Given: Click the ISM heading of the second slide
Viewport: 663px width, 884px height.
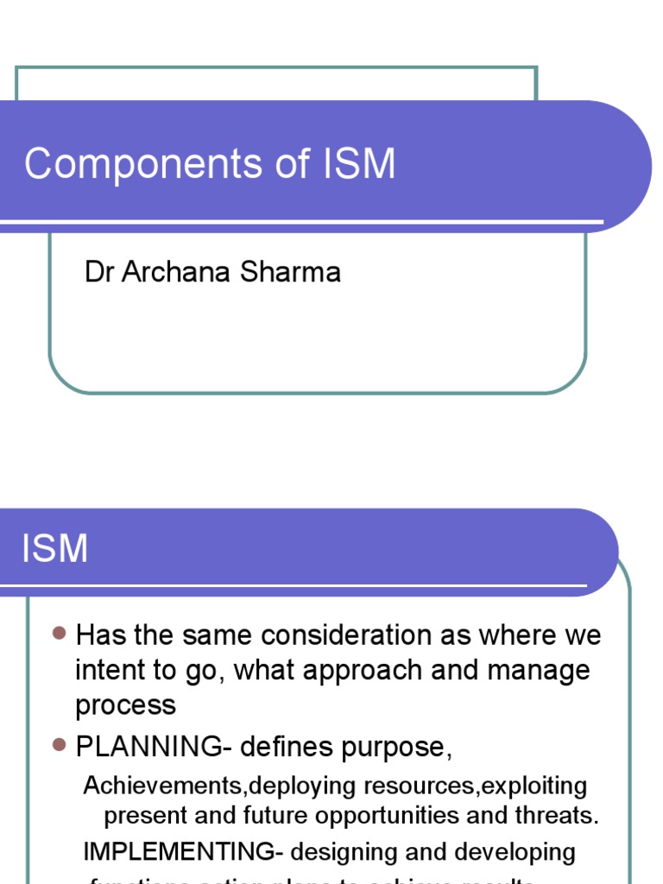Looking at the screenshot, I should (55, 548).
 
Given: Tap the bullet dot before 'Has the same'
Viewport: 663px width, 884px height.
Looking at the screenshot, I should (59, 634).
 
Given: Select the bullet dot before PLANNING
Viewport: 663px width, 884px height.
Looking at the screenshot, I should (59, 744).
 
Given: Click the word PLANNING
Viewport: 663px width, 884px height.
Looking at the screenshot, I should (148, 746).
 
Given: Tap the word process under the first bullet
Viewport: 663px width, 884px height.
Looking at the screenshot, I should (126, 705).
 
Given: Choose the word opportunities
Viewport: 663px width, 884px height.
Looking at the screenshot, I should (451, 815).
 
